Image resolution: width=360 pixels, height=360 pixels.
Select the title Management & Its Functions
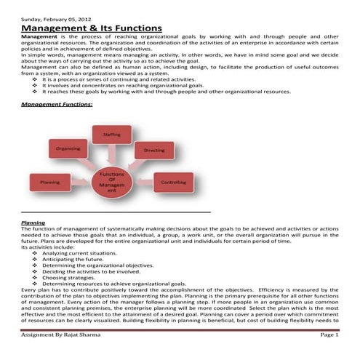click(x=91, y=28)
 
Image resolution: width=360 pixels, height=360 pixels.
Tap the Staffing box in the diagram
click(x=111, y=135)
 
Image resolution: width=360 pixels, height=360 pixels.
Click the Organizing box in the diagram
click(x=68, y=149)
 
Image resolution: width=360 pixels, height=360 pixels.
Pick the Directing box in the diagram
click(x=154, y=151)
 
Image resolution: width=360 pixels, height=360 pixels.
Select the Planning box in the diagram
click(x=50, y=183)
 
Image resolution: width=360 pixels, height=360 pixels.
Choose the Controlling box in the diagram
click(x=173, y=182)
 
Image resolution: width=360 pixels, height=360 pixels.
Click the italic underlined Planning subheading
click(x=33, y=223)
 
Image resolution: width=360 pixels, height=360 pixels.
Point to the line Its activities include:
click(x=48, y=247)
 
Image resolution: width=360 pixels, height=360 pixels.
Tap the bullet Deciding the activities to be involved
click(x=91, y=271)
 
